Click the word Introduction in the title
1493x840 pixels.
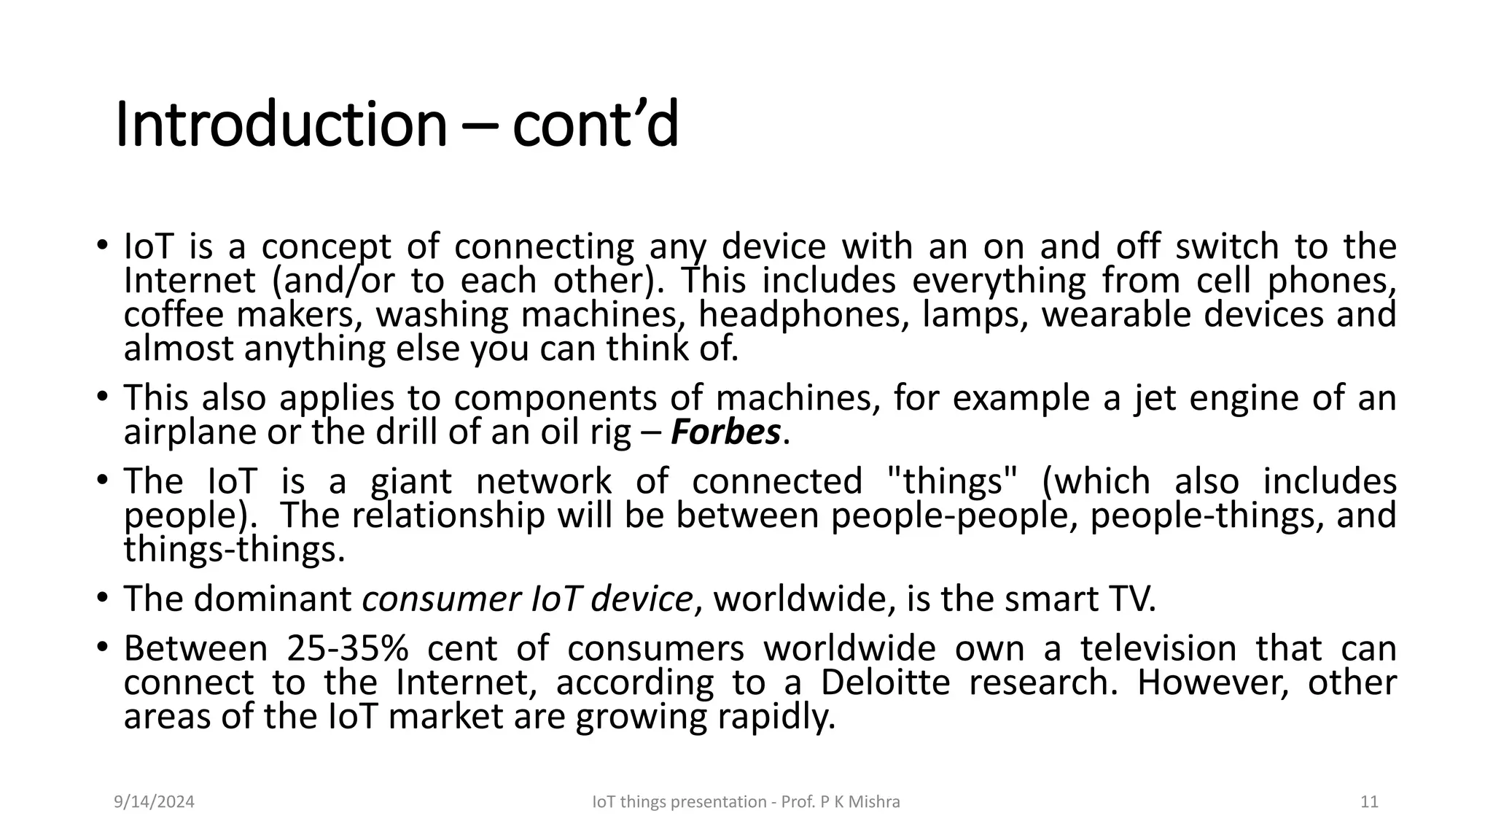click(x=281, y=125)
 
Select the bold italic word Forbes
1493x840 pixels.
click(x=725, y=432)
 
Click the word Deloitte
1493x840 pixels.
click(x=885, y=683)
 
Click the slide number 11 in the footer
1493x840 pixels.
click(x=1369, y=802)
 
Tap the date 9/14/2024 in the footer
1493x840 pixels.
click(x=155, y=802)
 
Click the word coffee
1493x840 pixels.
click(x=174, y=315)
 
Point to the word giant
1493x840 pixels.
click(x=411, y=482)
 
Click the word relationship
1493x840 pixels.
click(x=448, y=516)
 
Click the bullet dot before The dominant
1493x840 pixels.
click(x=103, y=599)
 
